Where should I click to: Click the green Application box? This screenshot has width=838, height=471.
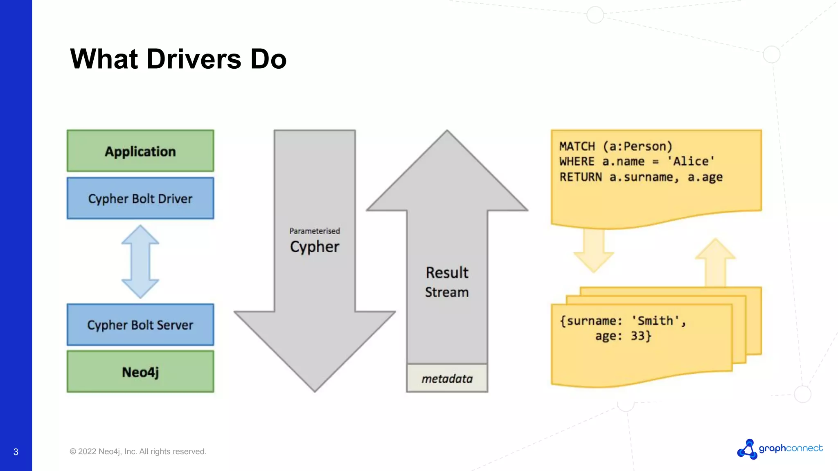tap(140, 151)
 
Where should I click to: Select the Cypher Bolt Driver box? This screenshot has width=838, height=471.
tap(140, 198)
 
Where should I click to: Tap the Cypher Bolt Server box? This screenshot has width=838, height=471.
tap(140, 325)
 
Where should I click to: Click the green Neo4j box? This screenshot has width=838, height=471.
tap(140, 372)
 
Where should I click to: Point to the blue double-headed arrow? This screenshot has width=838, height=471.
tap(140, 262)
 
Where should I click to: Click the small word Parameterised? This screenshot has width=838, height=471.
tap(315, 231)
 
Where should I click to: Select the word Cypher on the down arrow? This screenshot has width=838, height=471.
tap(315, 247)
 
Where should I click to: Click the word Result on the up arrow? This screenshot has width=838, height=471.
tap(447, 273)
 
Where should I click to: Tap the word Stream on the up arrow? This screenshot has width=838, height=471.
tap(447, 292)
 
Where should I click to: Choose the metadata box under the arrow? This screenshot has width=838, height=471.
tap(447, 379)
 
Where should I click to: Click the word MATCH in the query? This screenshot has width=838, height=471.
tap(577, 146)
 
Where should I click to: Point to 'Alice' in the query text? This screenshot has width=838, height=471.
tap(691, 161)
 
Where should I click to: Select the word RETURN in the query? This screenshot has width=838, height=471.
tap(581, 177)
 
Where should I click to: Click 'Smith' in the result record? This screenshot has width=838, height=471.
tap(655, 321)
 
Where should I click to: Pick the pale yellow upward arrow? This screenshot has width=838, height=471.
tap(715, 262)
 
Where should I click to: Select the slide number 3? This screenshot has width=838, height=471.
tap(16, 452)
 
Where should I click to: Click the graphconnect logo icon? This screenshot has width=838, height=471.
tap(748, 449)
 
